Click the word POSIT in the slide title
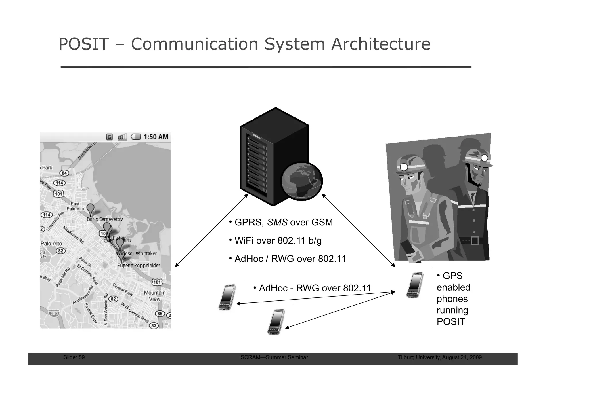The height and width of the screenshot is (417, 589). point(84,44)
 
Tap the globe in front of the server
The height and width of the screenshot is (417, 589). point(302,181)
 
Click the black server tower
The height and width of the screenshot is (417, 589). point(267,156)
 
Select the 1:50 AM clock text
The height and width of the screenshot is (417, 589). point(156,137)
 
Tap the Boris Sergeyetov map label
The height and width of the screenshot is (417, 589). point(105,219)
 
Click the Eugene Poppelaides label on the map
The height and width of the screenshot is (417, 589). point(139,265)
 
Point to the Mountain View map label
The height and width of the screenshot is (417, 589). point(155,296)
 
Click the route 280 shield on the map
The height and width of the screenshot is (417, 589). point(54,314)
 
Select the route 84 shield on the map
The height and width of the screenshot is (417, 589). point(64,173)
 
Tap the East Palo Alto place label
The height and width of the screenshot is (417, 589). point(75,206)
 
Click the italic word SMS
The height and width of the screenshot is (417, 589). point(277,222)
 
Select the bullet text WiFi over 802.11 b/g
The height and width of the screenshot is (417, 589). point(278,240)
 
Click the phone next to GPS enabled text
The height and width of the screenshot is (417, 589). point(415,285)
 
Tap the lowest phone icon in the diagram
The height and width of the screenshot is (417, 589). point(276,322)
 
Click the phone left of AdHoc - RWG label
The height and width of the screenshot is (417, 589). point(227,297)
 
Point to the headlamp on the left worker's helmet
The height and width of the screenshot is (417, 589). point(404,167)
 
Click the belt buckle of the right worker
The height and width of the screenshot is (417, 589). point(475,240)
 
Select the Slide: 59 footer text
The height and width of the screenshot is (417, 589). point(74,357)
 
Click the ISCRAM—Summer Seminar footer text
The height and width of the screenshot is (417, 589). point(274,357)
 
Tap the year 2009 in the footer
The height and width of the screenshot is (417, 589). point(476,357)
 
